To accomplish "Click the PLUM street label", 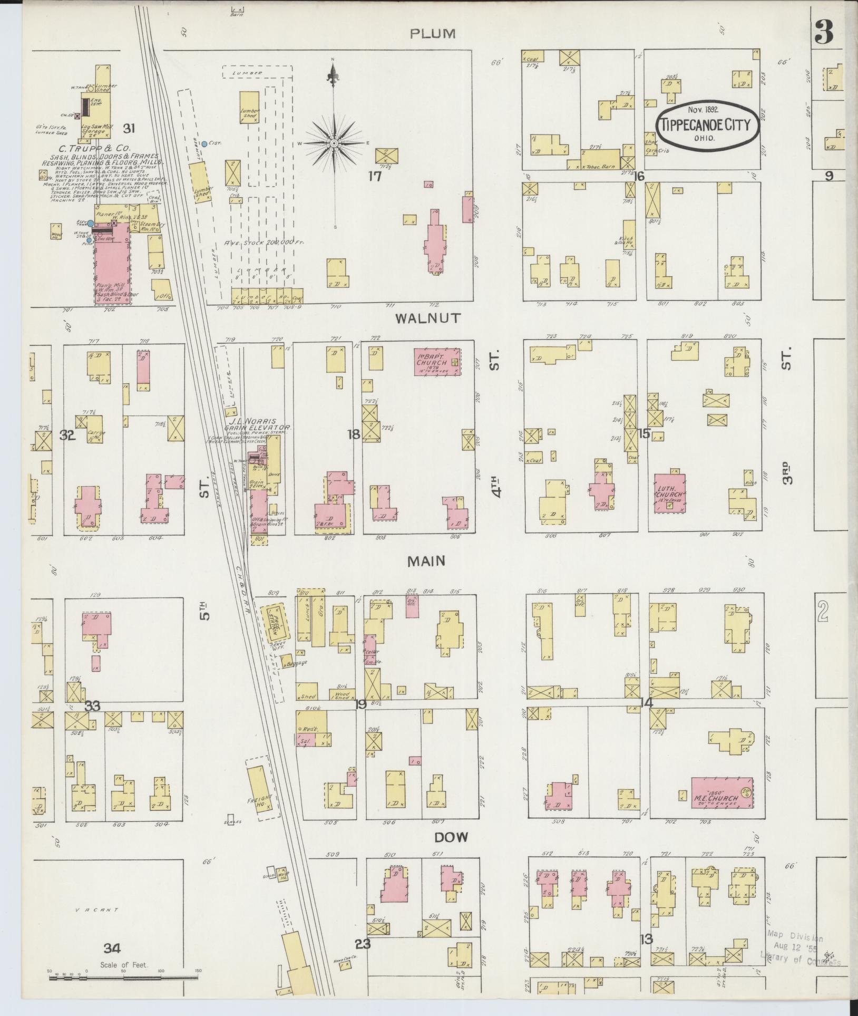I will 432,34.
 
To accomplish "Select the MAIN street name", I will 426,562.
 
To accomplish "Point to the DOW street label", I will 452,838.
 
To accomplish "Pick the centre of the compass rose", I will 334,143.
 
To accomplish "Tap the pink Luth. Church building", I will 670,492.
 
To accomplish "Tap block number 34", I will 112,949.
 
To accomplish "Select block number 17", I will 375,176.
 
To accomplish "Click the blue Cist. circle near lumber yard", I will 204,143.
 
